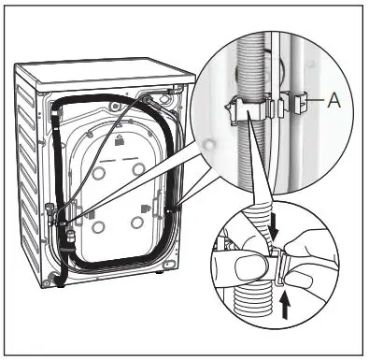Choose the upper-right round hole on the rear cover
(x=138, y=168)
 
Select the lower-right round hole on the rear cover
(x=138, y=222)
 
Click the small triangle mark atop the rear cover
(x=121, y=141)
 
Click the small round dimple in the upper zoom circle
(x=214, y=141)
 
